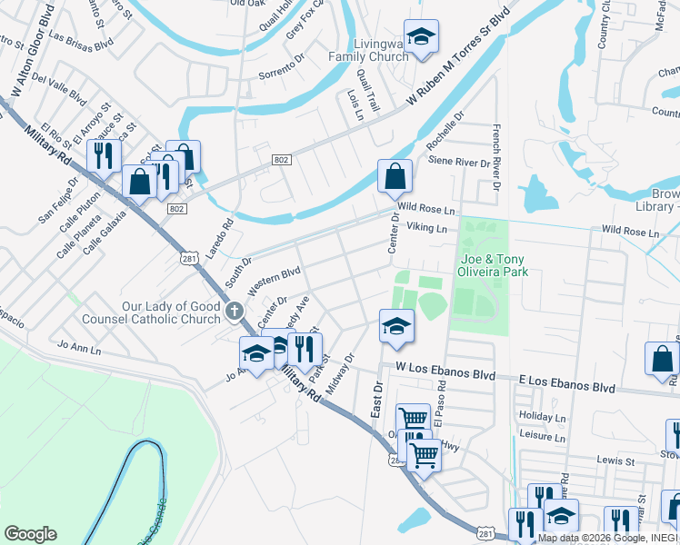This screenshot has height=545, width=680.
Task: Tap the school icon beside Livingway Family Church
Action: click(x=420, y=37)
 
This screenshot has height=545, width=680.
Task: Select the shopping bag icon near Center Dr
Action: click(x=395, y=177)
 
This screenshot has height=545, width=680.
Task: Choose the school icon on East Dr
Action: click(x=396, y=327)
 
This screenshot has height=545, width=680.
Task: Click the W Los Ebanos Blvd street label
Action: click(x=445, y=375)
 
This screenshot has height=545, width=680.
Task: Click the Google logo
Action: click(x=30, y=534)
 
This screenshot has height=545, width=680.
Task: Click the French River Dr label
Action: click(x=496, y=156)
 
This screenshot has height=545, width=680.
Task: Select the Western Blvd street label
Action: click(x=274, y=278)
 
